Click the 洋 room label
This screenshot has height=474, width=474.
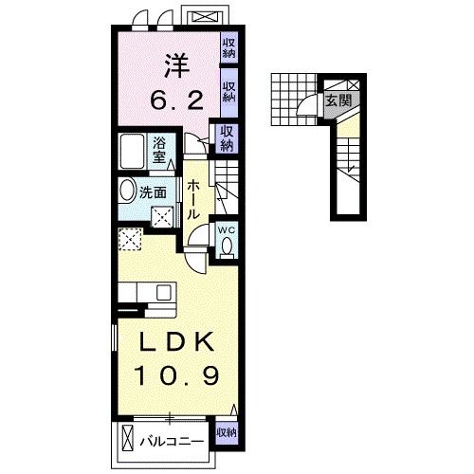(176, 66)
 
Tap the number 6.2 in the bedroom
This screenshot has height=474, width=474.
(176, 100)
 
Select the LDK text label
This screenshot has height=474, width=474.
(177, 342)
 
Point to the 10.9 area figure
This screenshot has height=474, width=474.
(176, 375)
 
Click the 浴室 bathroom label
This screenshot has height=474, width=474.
(159, 151)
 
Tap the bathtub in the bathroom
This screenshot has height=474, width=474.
(132, 151)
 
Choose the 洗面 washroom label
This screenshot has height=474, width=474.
(153, 192)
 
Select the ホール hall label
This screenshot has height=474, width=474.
(193, 200)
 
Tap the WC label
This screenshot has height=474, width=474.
(227, 230)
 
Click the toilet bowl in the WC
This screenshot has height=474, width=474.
(227, 246)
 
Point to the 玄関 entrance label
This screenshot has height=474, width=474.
(338, 100)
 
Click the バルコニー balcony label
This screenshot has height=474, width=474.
(172, 441)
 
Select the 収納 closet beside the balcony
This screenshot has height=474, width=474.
(227, 432)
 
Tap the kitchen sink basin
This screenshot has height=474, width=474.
(164, 292)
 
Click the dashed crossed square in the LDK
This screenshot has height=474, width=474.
(130, 239)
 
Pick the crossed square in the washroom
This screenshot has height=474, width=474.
(162, 216)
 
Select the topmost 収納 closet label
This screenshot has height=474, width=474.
(228, 48)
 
